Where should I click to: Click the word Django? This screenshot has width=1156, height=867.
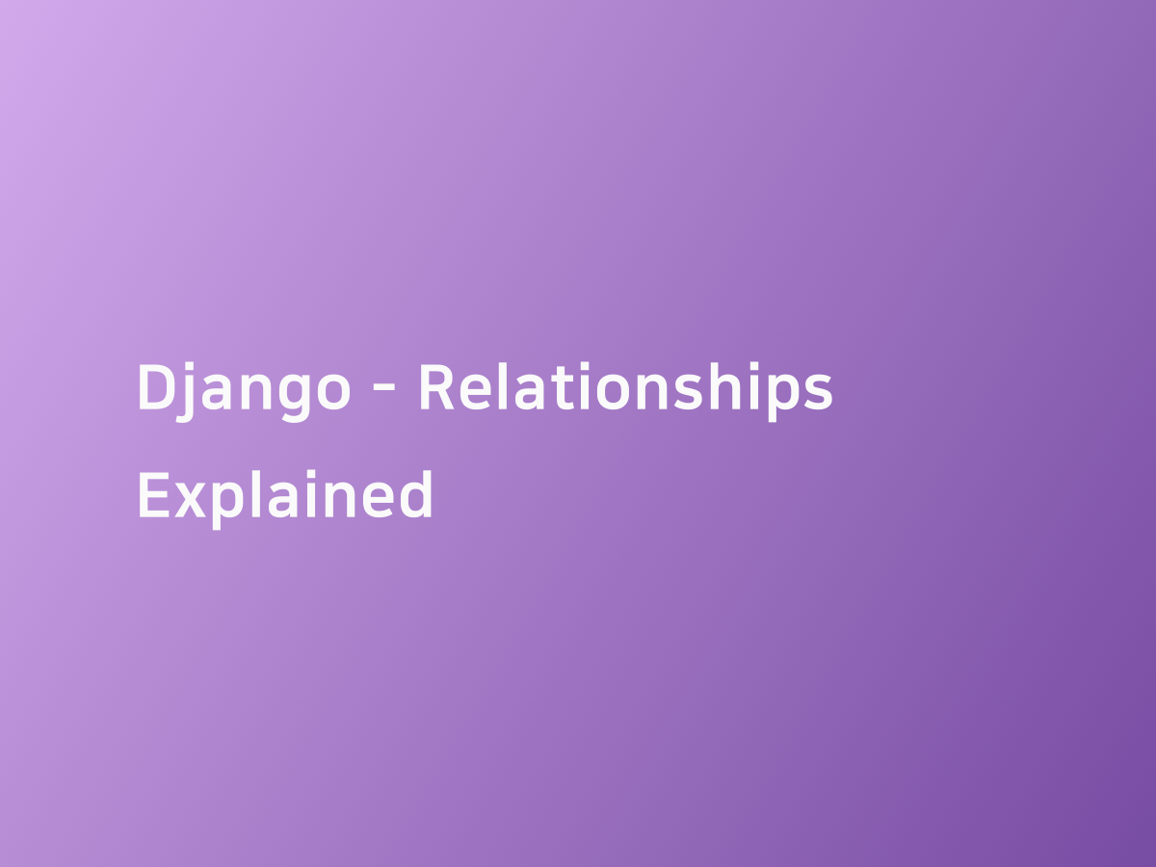(244, 389)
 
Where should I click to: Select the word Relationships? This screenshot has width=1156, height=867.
(625, 389)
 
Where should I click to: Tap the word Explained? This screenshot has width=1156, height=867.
(285, 495)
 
